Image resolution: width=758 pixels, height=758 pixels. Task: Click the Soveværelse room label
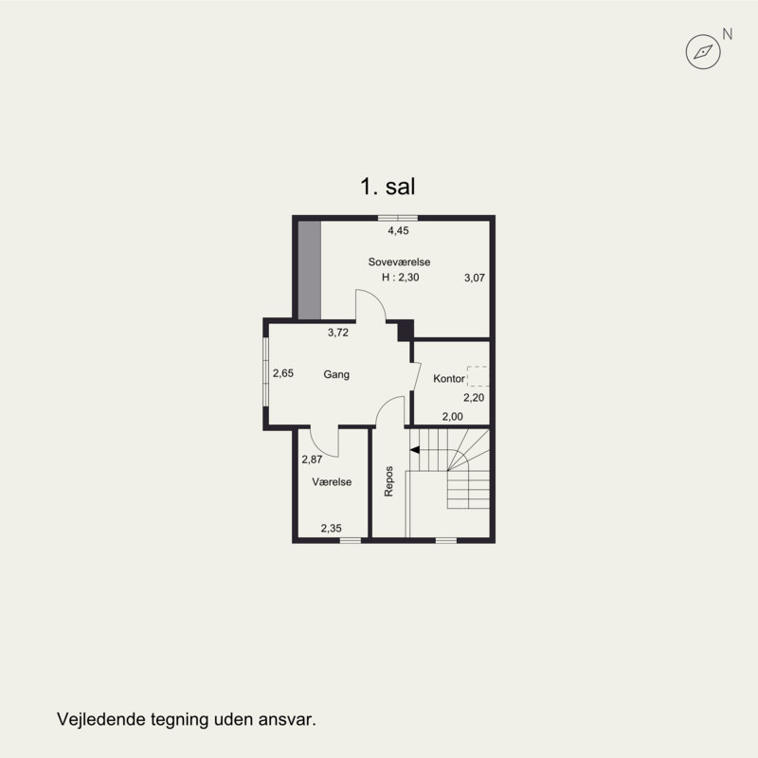(399, 262)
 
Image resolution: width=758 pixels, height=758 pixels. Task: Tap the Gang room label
(336, 374)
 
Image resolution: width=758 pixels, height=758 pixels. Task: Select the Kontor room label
(449, 378)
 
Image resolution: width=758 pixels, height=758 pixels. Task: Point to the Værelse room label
(332, 482)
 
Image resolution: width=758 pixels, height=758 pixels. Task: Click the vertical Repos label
(388, 481)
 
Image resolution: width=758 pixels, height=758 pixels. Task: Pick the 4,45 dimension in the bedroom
(398, 230)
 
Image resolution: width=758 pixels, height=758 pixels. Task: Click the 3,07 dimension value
(475, 278)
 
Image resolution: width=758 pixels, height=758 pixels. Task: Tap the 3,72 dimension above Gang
(338, 333)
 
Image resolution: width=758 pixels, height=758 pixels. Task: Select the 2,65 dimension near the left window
(283, 373)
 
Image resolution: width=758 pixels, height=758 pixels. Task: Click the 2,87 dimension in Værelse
(312, 460)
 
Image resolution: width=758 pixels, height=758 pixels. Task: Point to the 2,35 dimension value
(331, 529)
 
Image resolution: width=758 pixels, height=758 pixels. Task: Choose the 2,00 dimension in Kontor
(453, 416)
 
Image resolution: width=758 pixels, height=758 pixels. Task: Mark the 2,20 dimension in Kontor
(474, 397)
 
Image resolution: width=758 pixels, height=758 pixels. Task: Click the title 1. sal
(388, 187)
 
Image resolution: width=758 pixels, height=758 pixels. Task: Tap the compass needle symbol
(703, 51)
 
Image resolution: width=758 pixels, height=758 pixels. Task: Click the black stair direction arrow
(415, 450)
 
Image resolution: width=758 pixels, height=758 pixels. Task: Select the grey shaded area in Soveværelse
(310, 270)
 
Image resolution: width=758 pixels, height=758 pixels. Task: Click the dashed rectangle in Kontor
(478, 376)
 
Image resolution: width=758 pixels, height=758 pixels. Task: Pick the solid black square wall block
(406, 330)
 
